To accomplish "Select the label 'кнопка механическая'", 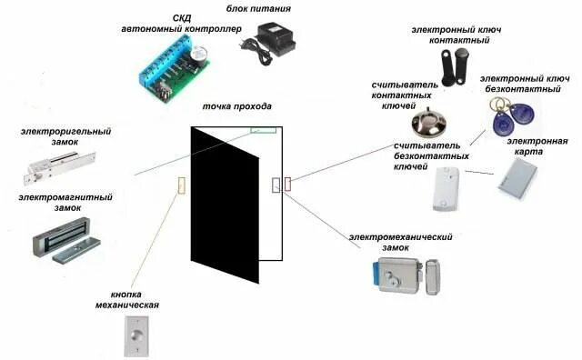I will tap(134, 300).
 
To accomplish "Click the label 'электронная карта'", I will tap(537, 146).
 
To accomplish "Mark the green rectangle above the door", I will tap(263, 129).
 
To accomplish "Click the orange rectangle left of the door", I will tap(181, 185).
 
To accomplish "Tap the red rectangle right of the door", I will tap(288, 184).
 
